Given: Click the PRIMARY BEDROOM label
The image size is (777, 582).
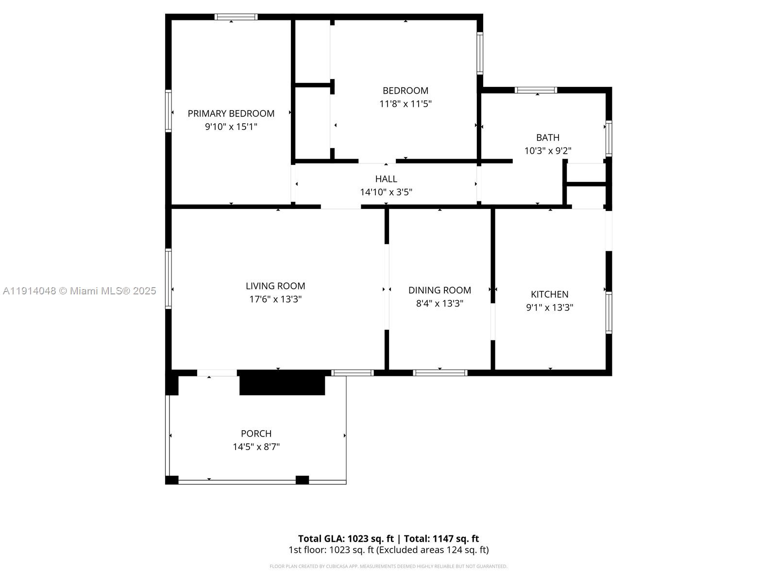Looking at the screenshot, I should click(231, 113).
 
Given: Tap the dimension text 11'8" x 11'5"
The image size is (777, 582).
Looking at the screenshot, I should click(405, 104).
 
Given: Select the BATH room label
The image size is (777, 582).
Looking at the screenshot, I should click(548, 138).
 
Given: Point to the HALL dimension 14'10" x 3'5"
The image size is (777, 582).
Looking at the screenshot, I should click(386, 192).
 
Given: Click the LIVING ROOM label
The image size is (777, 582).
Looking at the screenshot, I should click(275, 286).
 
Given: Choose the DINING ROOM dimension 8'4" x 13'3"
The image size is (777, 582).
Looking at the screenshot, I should click(439, 304).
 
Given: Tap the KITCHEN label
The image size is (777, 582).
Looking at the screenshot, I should click(549, 294).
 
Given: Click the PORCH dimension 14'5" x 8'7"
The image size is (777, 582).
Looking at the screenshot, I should click(256, 447).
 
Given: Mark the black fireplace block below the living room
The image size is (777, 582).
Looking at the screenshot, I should click(282, 383).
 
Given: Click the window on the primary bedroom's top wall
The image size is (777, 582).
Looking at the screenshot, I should click(236, 17).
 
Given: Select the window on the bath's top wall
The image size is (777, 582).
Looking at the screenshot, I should click(536, 90).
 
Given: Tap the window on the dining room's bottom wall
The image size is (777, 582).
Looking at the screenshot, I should click(440, 372).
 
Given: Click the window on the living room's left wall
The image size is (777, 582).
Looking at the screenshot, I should click(169, 278).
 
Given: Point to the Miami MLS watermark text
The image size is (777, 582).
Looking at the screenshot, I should click(80, 291).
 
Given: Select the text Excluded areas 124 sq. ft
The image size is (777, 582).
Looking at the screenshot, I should click(432, 550).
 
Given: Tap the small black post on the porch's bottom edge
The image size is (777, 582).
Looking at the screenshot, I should click(302, 480).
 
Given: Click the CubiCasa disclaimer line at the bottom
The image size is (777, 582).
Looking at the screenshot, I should click(388, 566).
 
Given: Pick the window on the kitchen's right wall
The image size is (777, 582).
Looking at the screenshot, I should click(608, 312).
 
